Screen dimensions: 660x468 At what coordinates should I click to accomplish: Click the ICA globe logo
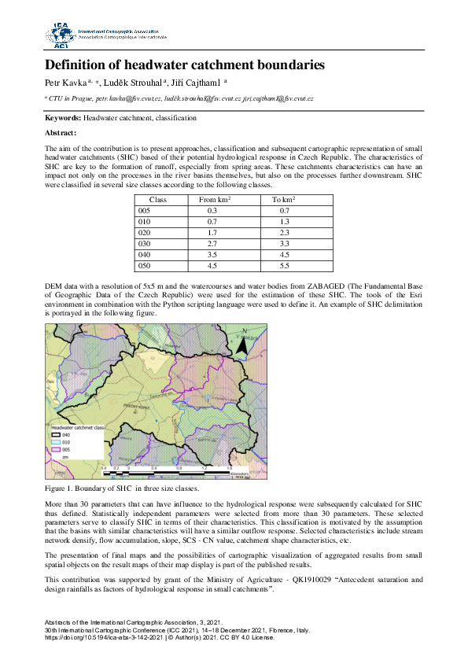pos(59,35)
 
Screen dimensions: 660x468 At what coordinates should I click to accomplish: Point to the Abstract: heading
pos(61,133)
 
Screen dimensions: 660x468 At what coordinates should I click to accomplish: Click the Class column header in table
pos(157,201)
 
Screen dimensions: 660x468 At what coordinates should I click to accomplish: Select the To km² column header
pos(284,201)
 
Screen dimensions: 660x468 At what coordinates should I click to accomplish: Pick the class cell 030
pos(144,245)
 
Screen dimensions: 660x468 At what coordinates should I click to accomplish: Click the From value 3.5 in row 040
pos(212,256)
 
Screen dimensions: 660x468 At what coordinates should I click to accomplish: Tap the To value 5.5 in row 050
pos(284,267)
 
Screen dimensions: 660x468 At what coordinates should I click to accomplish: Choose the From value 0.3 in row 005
pos(212,212)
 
